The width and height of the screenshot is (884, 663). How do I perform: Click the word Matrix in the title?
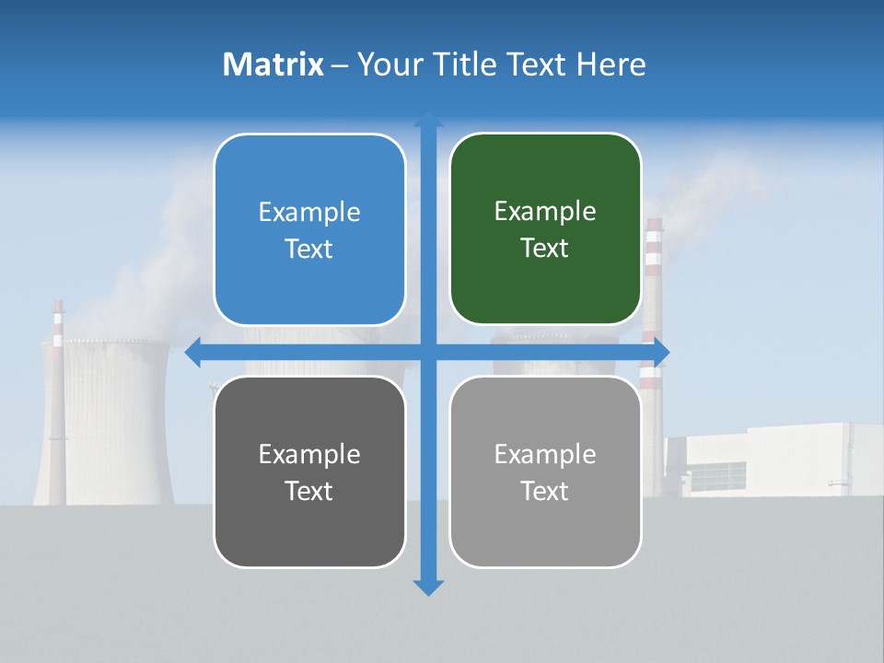[273, 64]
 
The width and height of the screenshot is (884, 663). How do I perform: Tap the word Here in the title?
[611, 64]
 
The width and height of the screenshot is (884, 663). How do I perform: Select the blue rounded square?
[309, 229]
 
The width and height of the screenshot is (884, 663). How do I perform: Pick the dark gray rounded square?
[309, 471]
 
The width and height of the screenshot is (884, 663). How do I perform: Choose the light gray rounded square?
[545, 471]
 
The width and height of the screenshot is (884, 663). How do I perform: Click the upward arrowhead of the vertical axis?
[428, 119]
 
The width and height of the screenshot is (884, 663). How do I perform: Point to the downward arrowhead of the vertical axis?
[428, 587]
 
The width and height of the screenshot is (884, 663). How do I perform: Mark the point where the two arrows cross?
[428, 353]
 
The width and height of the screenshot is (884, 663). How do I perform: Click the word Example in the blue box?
[309, 213]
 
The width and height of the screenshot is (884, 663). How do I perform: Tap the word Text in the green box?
[545, 248]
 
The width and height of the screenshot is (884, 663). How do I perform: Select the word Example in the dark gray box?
[309, 455]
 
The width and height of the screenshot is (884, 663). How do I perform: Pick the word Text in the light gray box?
[545, 491]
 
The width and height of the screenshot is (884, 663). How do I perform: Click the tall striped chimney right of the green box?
[653, 276]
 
